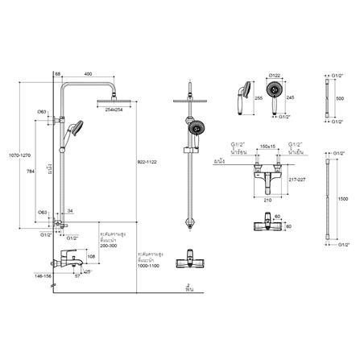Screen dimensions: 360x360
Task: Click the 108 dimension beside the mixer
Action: (x=91, y=257)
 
